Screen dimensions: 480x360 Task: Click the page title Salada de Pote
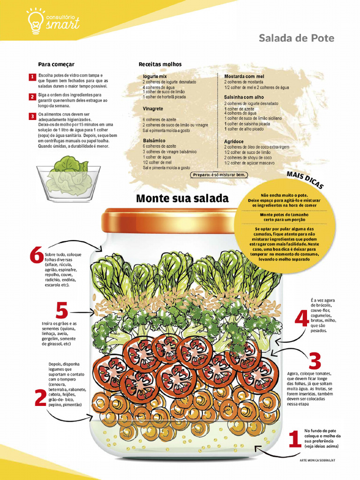tap(296, 38)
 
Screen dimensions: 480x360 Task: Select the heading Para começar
tap(56, 64)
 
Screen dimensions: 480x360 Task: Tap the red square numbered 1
tap(32, 77)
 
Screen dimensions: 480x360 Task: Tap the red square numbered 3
tap(32, 116)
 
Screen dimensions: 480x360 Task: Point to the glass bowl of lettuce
tap(69, 179)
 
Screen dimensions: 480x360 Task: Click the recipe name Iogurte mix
tap(155, 76)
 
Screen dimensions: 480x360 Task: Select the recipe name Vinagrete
tap(153, 108)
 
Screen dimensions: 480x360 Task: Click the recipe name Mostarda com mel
tap(244, 76)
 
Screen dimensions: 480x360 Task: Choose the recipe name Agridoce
tap(233, 141)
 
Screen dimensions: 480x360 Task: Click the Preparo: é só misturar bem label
tap(219, 175)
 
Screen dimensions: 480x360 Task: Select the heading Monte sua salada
tap(182, 198)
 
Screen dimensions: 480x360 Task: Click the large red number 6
tap(36, 256)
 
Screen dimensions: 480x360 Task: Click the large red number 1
tap(294, 440)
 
